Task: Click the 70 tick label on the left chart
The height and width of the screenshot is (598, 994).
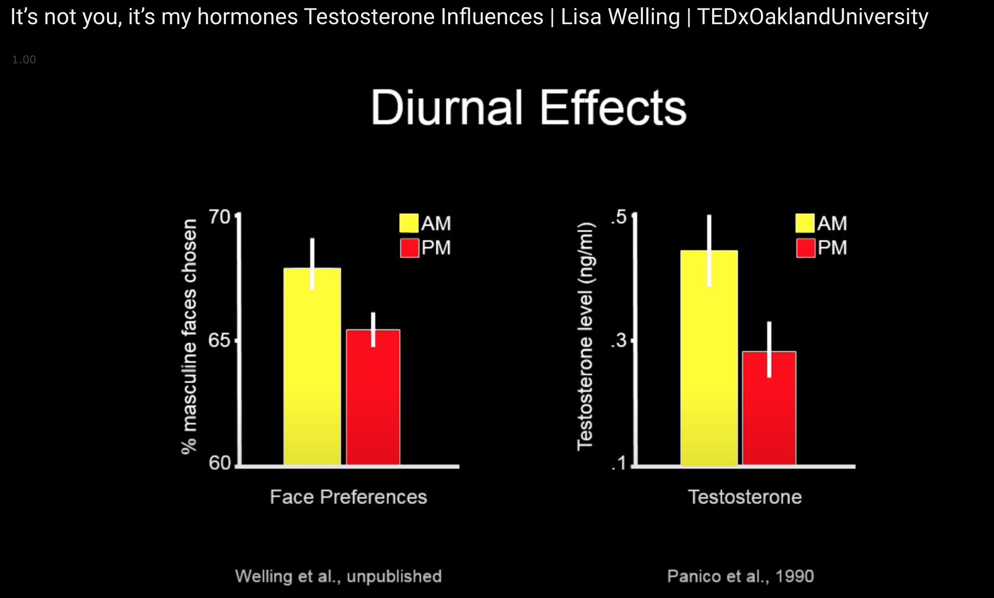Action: click(219, 217)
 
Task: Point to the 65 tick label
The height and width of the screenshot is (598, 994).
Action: click(219, 340)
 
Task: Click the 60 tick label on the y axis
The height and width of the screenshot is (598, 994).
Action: click(219, 463)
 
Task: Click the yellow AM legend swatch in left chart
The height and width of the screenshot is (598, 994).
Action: click(409, 223)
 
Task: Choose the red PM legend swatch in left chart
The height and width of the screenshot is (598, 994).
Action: click(409, 248)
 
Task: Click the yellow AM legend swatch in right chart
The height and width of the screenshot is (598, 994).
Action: click(805, 223)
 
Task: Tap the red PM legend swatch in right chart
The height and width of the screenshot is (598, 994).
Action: click(806, 248)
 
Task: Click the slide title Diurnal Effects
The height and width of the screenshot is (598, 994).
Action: click(529, 108)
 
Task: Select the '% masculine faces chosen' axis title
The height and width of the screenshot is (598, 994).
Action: click(189, 336)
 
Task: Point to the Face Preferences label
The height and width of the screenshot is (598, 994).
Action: click(349, 497)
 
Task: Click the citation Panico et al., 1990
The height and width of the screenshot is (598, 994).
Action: click(740, 576)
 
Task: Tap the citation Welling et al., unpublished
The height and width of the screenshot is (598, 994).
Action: click(339, 576)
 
